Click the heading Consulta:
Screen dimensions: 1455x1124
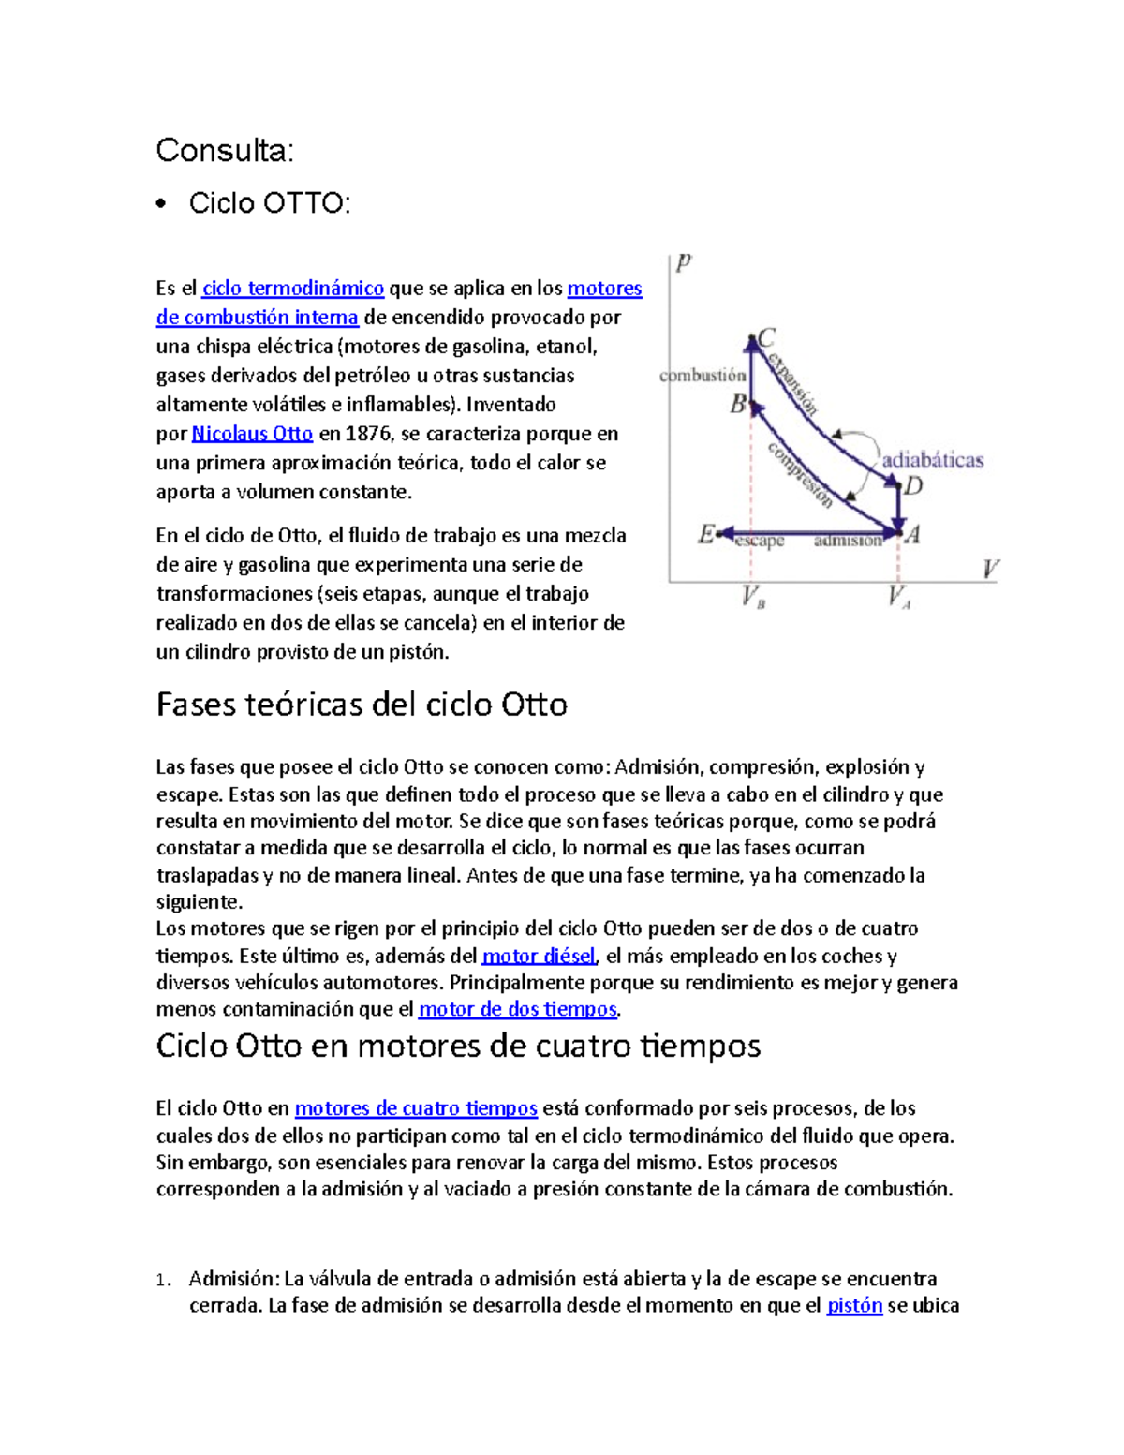225,150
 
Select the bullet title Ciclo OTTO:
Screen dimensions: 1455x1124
270,202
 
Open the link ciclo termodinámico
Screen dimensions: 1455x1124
293,289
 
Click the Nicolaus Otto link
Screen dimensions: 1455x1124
252,434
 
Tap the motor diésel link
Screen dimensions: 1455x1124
539,957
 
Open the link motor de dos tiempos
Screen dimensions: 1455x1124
518,1010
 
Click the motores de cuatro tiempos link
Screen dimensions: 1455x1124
416,1109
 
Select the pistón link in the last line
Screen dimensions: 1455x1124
854,1306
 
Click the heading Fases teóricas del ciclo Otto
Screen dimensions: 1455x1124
362,705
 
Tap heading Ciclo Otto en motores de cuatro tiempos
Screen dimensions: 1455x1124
458,1046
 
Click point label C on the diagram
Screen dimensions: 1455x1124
767,337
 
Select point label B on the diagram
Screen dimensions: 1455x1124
738,405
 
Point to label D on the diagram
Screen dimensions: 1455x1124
913,485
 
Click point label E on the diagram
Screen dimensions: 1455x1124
706,534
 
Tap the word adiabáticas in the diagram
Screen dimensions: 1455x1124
933,460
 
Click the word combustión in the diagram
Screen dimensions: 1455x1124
702,376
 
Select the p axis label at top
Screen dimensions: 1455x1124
684,261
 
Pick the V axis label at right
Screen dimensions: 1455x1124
990,569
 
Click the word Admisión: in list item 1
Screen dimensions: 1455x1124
234,1279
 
